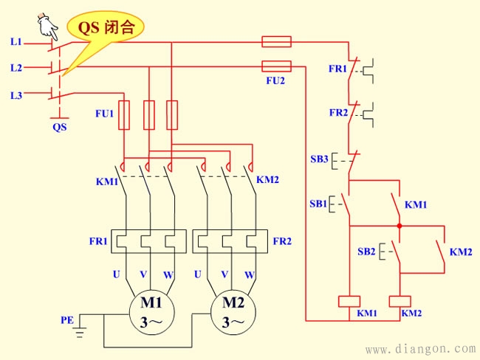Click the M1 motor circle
pyautogui.click(x=151, y=312)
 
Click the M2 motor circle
pyautogui.click(x=233, y=312)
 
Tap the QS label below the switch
pyautogui.click(x=59, y=126)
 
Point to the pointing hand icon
pyautogui.click(x=49, y=25)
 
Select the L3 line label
pyautogui.click(x=16, y=95)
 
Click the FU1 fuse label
pyautogui.click(x=104, y=114)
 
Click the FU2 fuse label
pyautogui.click(x=275, y=80)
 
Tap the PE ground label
pyautogui.click(x=67, y=319)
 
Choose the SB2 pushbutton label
pyautogui.click(x=367, y=251)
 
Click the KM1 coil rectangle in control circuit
pyautogui.click(x=349, y=300)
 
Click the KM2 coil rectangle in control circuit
pyautogui.click(x=400, y=300)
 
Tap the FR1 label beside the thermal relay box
pyautogui.click(x=98, y=241)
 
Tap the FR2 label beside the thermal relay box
pyautogui.click(x=282, y=241)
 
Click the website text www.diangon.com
pyautogui.click(x=421, y=348)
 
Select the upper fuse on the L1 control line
pyautogui.click(x=276, y=41)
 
